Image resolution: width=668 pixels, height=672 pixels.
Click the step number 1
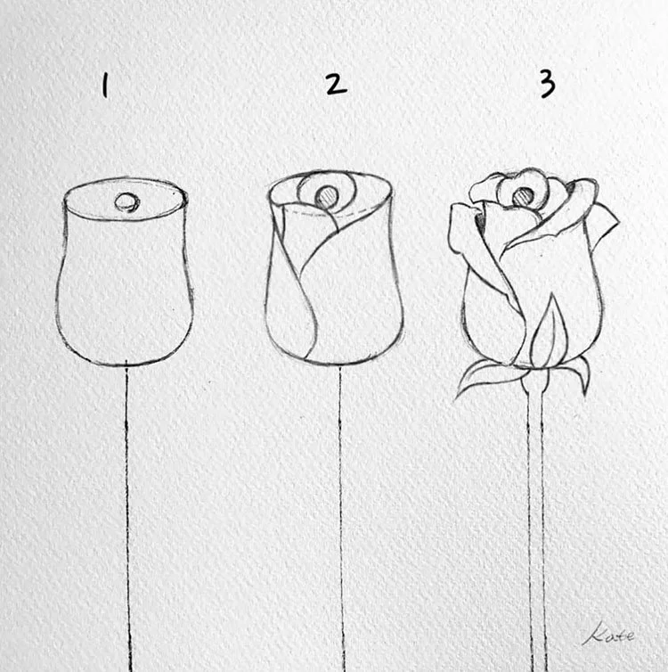(x=104, y=86)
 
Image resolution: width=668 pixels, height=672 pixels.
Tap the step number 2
(x=336, y=85)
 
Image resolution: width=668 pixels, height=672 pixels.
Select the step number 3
(x=547, y=84)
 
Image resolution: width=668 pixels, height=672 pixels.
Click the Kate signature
(x=608, y=634)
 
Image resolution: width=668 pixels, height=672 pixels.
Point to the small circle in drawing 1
(x=126, y=202)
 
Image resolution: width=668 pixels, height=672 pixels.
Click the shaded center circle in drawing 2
(x=328, y=197)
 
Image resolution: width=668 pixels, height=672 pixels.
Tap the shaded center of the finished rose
(x=524, y=197)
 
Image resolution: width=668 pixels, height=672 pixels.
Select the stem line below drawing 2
(x=341, y=519)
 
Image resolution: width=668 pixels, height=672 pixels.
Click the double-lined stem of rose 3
(x=536, y=527)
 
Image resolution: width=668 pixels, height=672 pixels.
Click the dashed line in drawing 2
(x=330, y=213)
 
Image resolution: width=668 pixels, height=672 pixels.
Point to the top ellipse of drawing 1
(x=126, y=180)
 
